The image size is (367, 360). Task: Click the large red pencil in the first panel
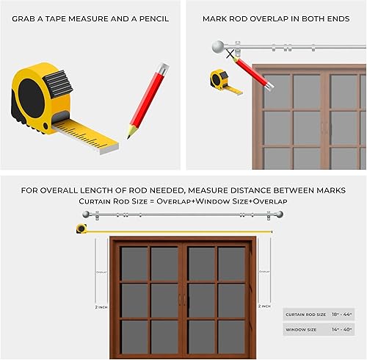pyautogui.click(x=147, y=100)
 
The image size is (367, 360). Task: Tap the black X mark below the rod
pyautogui.click(x=230, y=54)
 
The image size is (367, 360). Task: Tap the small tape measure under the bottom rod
pyautogui.click(x=81, y=228)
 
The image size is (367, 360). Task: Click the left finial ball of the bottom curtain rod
pyautogui.click(x=87, y=215)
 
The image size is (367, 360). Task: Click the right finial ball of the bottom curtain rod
pyautogui.click(x=281, y=215)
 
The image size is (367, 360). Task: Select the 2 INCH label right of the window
pyautogui.click(x=264, y=306)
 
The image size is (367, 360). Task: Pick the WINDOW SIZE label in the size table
pyautogui.click(x=301, y=330)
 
